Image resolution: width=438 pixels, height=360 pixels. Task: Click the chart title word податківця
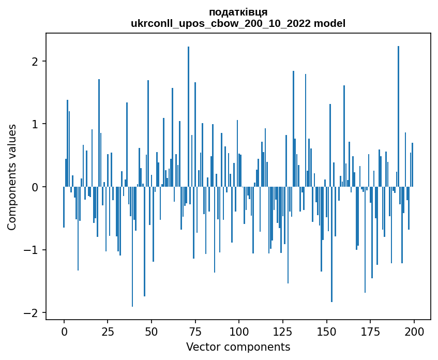pyautogui.click(x=238, y=12)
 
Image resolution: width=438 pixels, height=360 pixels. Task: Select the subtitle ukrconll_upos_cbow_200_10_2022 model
pyautogui.click(x=238, y=23)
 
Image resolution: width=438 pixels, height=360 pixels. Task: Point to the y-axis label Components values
pyautogui.click(x=11, y=177)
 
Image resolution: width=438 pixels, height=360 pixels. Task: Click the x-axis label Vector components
pyautogui.click(x=238, y=347)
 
